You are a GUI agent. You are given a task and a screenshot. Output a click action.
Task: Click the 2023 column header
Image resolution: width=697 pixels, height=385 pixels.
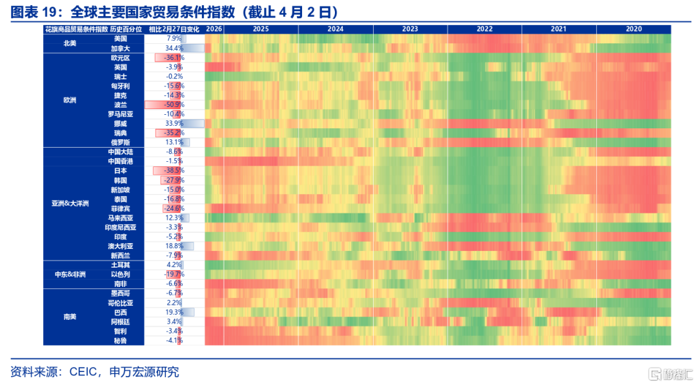[410, 29]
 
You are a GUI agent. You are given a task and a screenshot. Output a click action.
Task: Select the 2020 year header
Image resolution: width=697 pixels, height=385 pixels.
[634, 29]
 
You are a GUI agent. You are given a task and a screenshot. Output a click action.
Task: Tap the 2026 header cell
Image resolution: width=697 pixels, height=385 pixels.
[214, 29]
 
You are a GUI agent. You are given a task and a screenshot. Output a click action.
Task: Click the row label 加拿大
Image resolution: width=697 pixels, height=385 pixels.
[121, 48]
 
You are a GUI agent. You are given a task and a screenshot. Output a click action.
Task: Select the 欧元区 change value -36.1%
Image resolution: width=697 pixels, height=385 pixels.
[174, 57]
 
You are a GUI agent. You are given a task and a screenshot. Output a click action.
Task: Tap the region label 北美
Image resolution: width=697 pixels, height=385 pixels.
[70, 43]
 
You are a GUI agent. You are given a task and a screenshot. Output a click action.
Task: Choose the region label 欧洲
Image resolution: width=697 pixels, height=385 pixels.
[70, 100]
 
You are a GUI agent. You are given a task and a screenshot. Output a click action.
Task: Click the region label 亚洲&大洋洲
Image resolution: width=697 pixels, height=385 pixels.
[70, 203]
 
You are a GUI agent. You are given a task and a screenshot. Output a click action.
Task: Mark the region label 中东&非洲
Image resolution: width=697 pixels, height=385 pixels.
[70, 274]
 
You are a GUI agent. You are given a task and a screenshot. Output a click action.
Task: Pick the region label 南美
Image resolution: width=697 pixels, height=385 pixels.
[70, 317]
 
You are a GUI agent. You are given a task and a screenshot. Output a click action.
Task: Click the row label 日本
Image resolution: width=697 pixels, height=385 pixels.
[121, 171]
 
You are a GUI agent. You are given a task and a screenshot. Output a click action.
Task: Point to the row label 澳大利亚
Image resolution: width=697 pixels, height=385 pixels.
[121, 246]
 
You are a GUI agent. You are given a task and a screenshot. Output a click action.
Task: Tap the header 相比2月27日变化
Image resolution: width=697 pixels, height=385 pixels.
[174, 29]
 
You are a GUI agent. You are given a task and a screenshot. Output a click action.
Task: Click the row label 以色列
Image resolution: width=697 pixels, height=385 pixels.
[121, 274]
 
